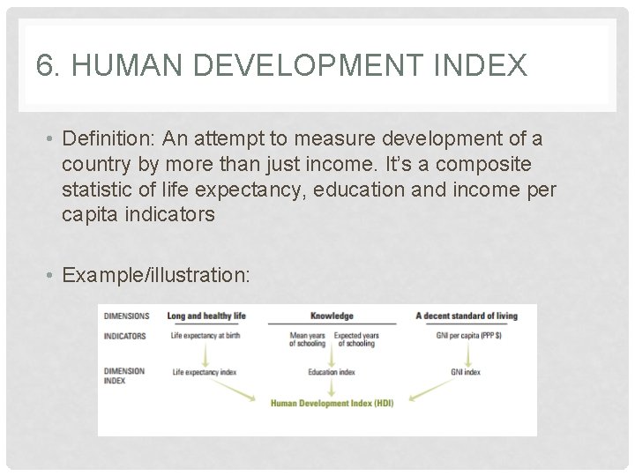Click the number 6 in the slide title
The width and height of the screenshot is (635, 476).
(46, 65)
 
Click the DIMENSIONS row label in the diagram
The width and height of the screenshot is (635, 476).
(126, 316)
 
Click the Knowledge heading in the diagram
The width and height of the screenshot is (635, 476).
(332, 316)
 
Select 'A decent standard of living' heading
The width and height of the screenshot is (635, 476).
(474, 316)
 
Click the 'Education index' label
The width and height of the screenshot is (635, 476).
(332, 373)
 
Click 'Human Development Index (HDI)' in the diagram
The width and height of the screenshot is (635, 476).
(331, 403)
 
